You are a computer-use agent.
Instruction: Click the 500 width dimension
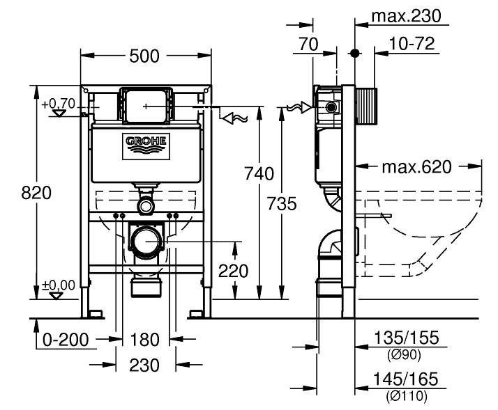[146, 56]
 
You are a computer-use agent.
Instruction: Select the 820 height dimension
[36, 193]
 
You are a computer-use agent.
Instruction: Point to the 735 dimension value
[282, 204]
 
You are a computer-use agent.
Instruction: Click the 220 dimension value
[234, 271]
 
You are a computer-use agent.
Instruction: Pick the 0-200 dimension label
[65, 340]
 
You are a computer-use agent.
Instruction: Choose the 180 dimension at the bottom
[145, 340]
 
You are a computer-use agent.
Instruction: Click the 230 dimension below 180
[145, 365]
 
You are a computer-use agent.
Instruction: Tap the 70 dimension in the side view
[308, 45]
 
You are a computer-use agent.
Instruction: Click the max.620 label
[416, 167]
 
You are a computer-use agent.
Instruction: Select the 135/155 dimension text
[407, 338]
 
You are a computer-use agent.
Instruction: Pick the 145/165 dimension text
[407, 379]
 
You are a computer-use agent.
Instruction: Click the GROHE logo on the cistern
[146, 143]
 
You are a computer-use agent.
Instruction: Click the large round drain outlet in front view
[147, 243]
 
